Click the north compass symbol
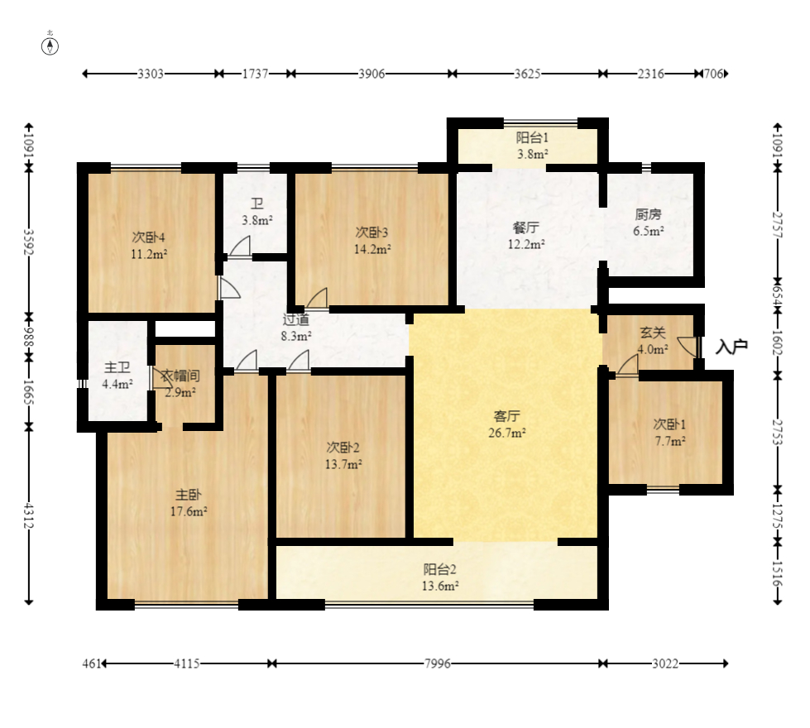pos(50,46)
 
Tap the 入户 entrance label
pos(731,347)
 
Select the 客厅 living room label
pos(506,416)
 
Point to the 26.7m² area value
pos(506,433)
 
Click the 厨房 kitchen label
pos(649,214)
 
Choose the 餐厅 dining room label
pos(526,227)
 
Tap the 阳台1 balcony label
pos(532,137)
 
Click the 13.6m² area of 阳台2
pos(440,586)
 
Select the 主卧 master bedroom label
pos(189,495)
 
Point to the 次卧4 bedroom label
pos(148,237)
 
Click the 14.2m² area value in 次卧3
pos(372,249)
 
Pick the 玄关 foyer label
pos(653,333)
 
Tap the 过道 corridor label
pos(295,320)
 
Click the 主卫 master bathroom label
pos(117,367)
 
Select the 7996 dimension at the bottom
pos(438,663)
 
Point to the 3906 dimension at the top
pos(371,74)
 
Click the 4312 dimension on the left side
pos(29,516)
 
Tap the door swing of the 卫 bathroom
pos(240,246)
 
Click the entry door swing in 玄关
pos(688,346)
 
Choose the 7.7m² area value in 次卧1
pos(670,441)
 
